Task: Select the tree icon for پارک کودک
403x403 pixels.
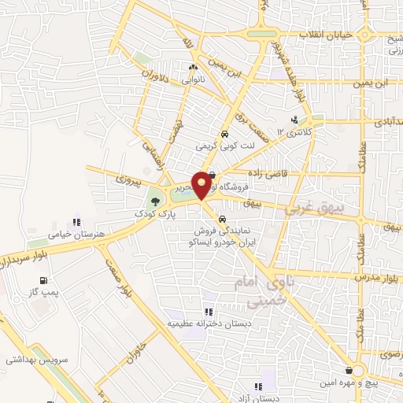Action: tap(154, 200)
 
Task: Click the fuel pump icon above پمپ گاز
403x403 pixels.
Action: tap(43, 279)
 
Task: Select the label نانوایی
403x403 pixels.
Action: tap(194, 80)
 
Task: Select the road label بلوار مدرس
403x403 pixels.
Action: tap(378, 279)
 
